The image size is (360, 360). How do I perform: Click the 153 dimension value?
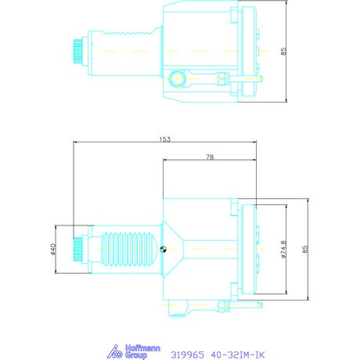tap(165, 139)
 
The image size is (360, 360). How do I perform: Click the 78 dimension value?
tap(210, 157)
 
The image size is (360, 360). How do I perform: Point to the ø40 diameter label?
tap(53, 249)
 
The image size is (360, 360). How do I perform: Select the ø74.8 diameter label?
tap(283, 250)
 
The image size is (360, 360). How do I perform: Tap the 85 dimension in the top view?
tap(283, 51)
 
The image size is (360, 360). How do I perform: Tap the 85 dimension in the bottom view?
tap(305, 249)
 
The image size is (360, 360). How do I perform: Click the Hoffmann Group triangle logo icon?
tap(114, 351)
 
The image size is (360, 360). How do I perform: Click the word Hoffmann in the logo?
tap(142, 348)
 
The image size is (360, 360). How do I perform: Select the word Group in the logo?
tap(136, 355)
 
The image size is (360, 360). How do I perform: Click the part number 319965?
tap(187, 355)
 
